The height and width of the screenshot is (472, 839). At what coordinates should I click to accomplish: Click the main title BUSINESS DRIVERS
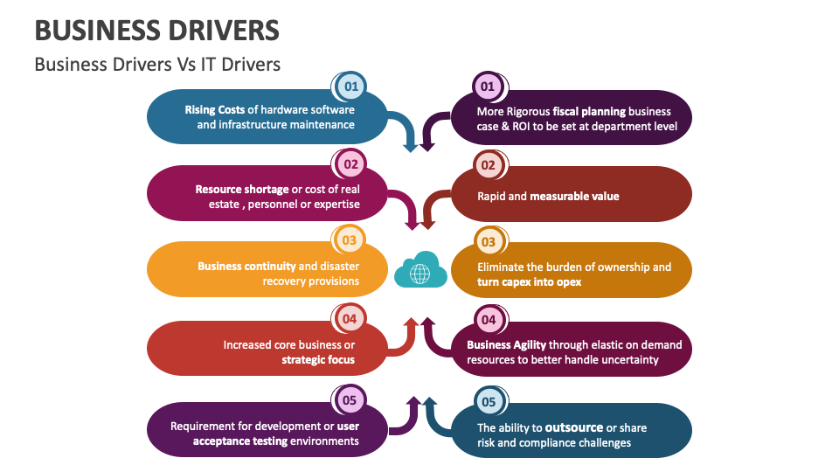pyautogui.click(x=157, y=31)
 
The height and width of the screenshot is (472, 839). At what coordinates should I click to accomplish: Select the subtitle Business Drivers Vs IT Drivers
pyautogui.click(x=157, y=65)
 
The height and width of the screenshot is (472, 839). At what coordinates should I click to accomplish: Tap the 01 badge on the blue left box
pyautogui.click(x=350, y=87)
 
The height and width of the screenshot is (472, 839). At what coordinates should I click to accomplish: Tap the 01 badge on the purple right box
pyautogui.click(x=488, y=87)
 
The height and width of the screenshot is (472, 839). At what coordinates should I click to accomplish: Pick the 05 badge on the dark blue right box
pyautogui.click(x=488, y=402)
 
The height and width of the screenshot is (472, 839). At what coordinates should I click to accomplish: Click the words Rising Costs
pyautogui.click(x=214, y=110)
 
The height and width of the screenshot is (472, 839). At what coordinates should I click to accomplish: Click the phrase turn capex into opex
pyautogui.click(x=529, y=281)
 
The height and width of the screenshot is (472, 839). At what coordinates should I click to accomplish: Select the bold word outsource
pyautogui.click(x=574, y=427)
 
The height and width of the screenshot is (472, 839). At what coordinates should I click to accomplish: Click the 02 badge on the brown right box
pyautogui.click(x=488, y=165)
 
